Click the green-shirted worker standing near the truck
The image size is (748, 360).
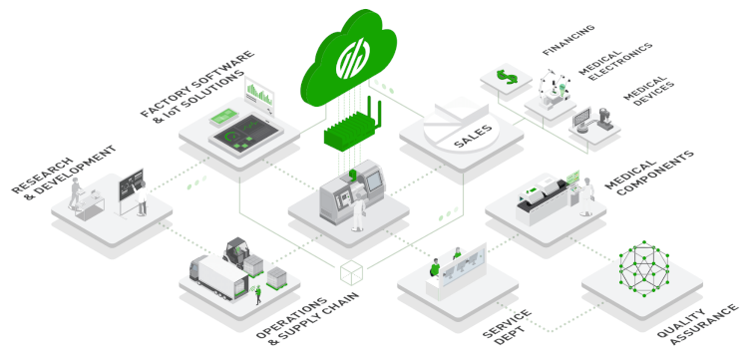pos(258,294)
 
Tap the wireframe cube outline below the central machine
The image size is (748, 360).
pos(351,272)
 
